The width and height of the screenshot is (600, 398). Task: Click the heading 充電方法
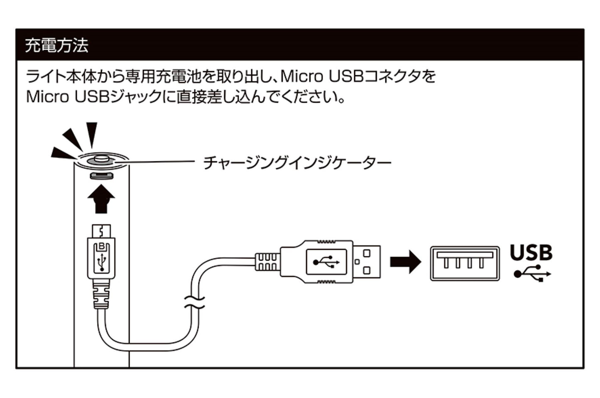click(x=57, y=45)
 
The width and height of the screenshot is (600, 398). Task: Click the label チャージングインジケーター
click(x=297, y=162)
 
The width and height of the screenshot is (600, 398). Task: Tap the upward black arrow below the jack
click(x=101, y=199)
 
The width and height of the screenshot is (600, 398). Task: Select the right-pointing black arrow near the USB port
click(x=405, y=262)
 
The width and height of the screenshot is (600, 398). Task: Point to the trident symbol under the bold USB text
click(x=532, y=274)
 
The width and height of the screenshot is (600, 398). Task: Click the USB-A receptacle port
click(x=465, y=263)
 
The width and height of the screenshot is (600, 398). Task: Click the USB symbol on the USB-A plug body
click(x=326, y=262)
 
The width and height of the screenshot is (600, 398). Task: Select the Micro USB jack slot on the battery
click(x=102, y=175)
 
